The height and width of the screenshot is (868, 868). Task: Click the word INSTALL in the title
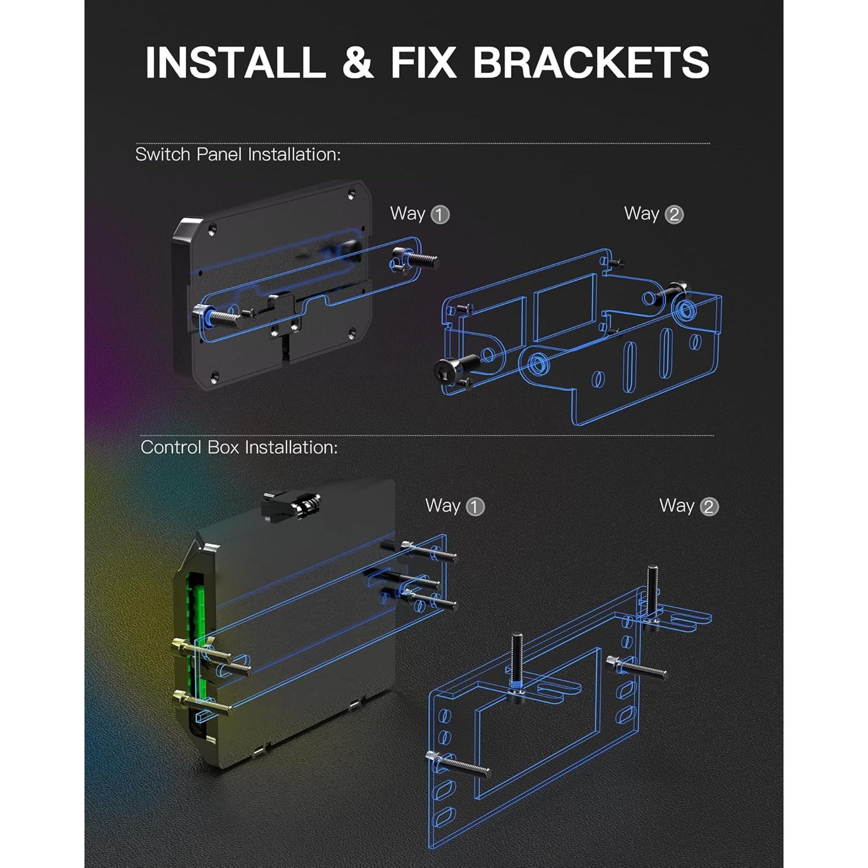tap(236, 62)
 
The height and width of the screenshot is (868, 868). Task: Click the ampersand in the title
tap(358, 62)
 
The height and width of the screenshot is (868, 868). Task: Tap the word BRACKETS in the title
tap(591, 62)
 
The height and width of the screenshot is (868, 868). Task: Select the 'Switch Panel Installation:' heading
tap(238, 155)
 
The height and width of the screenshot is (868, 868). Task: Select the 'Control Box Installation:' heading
tap(239, 447)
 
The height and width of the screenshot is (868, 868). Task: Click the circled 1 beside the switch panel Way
tap(440, 215)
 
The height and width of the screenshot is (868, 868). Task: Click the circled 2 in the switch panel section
tap(674, 215)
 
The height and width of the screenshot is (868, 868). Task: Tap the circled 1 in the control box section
tap(475, 507)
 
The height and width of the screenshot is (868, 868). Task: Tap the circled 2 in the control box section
tap(709, 507)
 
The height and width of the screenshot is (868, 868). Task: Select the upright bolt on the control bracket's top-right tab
tap(652, 593)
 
